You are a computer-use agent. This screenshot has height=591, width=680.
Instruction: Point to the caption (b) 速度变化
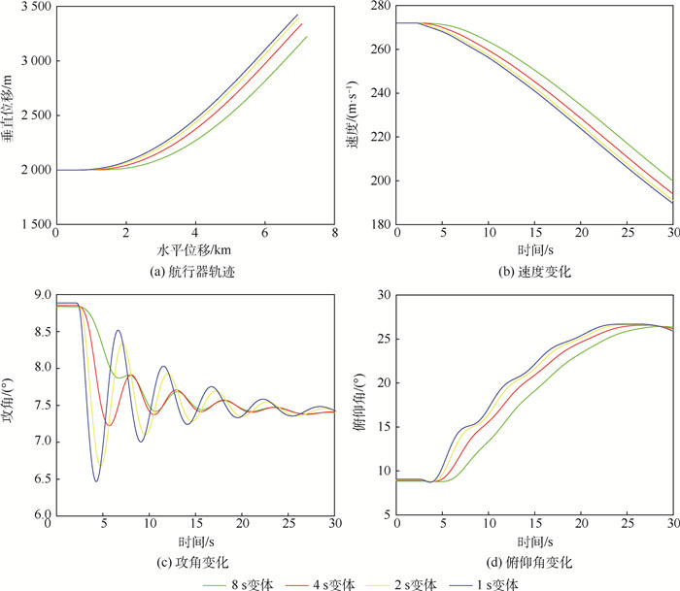point(534,272)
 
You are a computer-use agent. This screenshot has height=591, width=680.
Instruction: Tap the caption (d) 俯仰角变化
point(534,562)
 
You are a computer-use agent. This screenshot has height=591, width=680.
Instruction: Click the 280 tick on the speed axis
point(379,8)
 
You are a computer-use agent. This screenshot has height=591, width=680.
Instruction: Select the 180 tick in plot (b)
point(379,225)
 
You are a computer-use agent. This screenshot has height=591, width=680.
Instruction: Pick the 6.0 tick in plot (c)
point(39,515)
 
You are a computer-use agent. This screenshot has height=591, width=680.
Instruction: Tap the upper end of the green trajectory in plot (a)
point(307,37)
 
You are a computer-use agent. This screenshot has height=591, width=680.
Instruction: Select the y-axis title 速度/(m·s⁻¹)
point(358,115)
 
